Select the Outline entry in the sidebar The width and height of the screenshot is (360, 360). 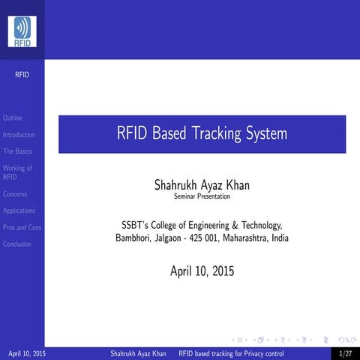click(13, 118)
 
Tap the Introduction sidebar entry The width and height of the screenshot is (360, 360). click(19, 135)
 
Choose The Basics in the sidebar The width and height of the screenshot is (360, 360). click(17, 151)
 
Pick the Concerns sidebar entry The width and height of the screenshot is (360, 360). click(15, 194)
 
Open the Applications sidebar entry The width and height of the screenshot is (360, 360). click(19, 211)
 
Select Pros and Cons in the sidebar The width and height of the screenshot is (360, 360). click(22, 227)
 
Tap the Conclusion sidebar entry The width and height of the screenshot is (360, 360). click(17, 244)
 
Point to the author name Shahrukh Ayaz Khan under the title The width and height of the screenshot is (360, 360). click(202, 184)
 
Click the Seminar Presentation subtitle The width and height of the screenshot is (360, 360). click(202, 196)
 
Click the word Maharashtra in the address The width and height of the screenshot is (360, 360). click(244, 238)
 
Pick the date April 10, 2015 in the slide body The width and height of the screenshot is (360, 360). click(202, 271)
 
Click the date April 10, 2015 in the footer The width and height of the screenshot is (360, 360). click(25, 352)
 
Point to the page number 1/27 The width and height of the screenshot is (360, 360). click(345, 352)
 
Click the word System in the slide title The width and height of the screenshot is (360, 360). click(266, 135)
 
